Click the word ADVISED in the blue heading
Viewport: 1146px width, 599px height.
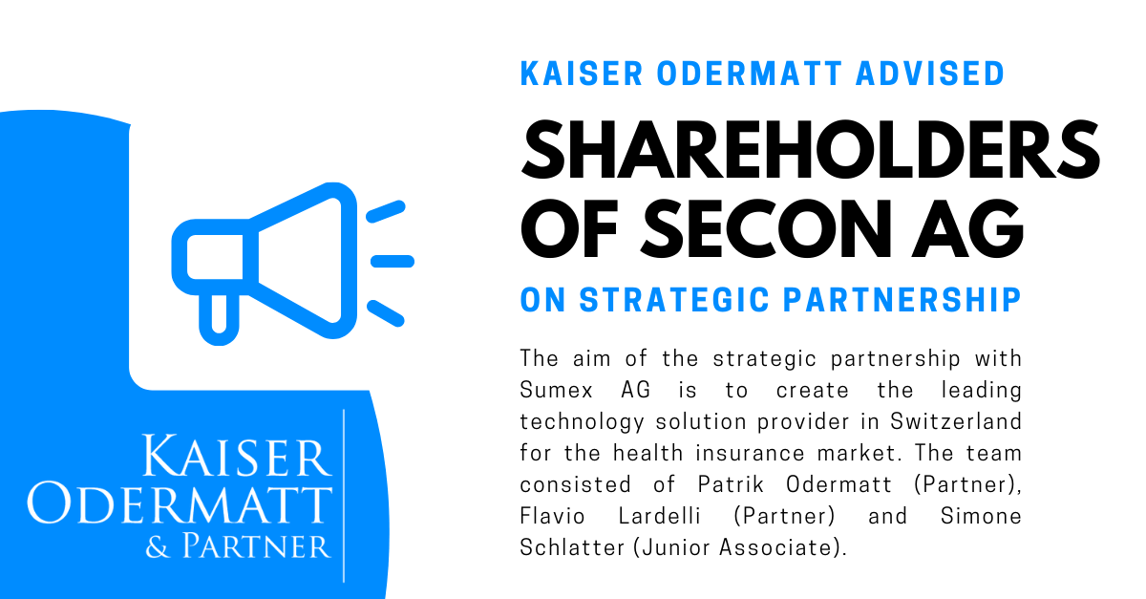tap(930, 74)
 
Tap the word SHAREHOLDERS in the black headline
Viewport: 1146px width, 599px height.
tap(811, 149)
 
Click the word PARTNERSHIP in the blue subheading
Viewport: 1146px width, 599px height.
tap(902, 300)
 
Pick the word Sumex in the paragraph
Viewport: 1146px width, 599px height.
tap(556, 390)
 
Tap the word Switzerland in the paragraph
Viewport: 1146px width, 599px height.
tap(956, 421)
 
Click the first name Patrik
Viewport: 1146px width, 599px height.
tap(731, 484)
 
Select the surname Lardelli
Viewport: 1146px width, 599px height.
tap(659, 516)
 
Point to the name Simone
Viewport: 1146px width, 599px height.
tap(981, 516)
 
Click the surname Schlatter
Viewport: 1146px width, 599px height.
tap(572, 547)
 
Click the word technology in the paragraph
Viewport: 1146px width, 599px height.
tap(582, 422)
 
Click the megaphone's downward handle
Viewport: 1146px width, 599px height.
tap(219, 318)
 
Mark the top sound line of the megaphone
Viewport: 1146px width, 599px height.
tap(386, 211)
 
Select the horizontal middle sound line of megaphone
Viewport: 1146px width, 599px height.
tap(393, 261)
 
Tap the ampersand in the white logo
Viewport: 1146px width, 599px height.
tap(157, 547)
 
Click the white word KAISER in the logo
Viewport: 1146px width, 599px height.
tap(236, 456)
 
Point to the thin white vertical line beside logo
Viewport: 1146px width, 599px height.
tap(344, 496)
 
